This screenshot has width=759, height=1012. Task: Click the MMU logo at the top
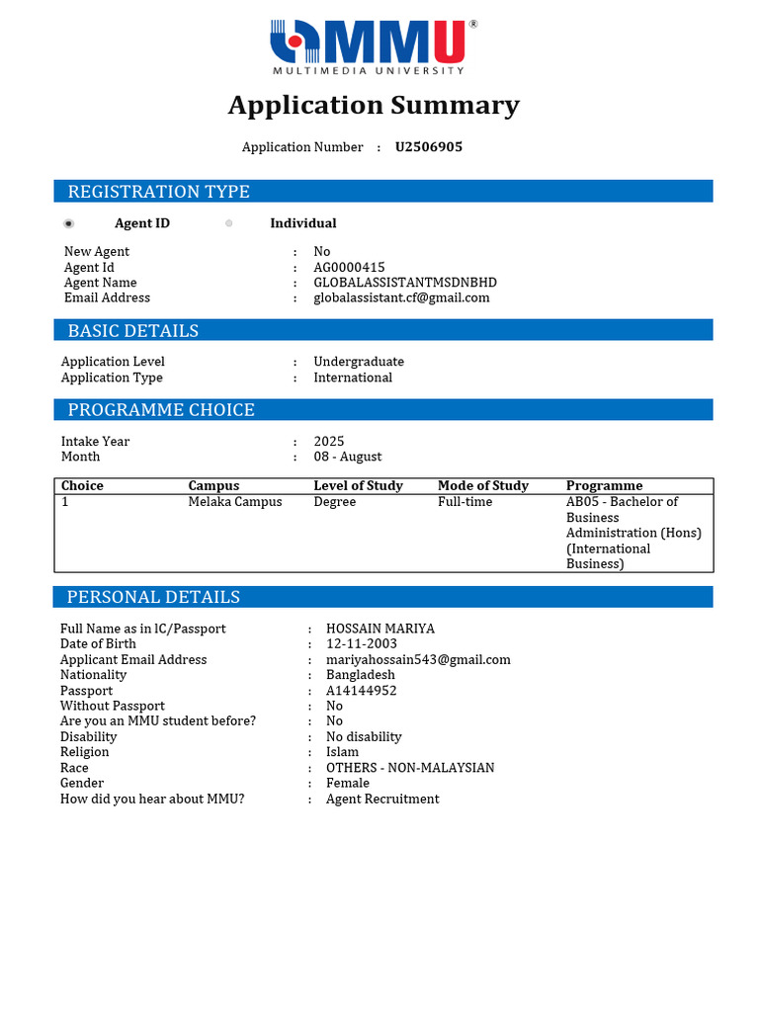coord(373,45)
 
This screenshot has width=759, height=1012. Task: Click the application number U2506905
coord(429,147)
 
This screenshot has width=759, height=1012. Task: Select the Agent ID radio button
coord(69,223)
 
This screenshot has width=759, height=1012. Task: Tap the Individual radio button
coord(229,223)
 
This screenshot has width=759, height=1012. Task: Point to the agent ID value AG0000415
coord(349,267)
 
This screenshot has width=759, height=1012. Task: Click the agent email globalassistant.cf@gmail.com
coord(401,297)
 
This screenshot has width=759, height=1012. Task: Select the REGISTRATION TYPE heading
coord(158,192)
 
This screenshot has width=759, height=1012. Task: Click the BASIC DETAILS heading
coord(132,331)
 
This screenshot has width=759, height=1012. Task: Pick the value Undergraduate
coord(359,362)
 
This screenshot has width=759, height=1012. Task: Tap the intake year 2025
coord(329,442)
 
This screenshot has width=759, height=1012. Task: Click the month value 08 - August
coord(347,457)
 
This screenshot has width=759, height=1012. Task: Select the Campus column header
coord(213,486)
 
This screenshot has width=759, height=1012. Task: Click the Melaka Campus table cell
coord(235,502)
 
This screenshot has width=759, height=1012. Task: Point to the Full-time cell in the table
coord(464,502)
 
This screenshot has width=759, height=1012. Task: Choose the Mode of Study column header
coord(482,486)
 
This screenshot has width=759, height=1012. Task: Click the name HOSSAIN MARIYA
coord(380,629)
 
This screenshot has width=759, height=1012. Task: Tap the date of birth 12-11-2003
coord(362,644)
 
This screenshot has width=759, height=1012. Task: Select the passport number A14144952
coord(362,691)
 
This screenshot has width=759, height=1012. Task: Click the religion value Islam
coord(343,752)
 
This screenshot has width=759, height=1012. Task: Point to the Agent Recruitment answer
coord(382,799)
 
